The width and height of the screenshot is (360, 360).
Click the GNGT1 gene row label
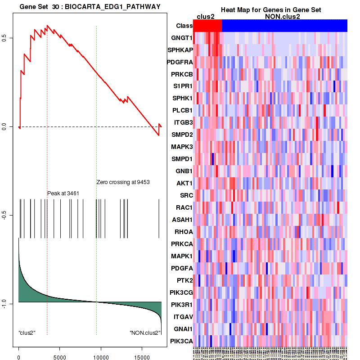point(181,37)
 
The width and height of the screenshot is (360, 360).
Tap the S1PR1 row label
point(182,86)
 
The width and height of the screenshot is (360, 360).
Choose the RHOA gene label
point(183,232)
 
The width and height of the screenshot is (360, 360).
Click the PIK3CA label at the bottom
point(181,341)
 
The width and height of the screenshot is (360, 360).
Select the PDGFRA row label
point(180,62)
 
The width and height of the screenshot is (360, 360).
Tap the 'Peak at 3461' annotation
point(63,193)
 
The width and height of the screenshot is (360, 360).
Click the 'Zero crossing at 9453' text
point(123,182)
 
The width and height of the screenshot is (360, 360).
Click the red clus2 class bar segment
point(207,26)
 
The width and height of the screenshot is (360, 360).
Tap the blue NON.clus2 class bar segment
point(284,26)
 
